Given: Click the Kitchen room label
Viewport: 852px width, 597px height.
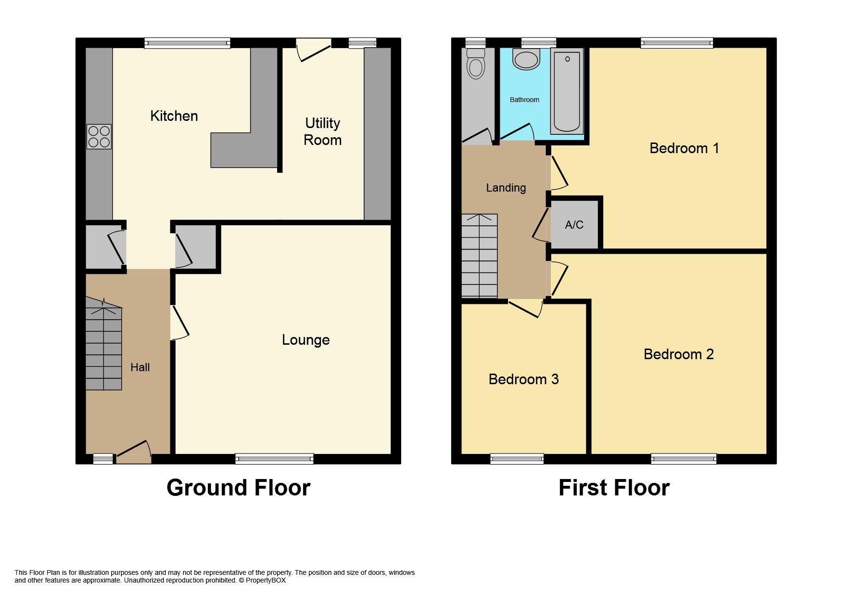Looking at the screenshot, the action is (x=174, y=116).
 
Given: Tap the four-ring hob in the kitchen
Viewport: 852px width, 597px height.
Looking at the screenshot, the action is (x=99, y=136).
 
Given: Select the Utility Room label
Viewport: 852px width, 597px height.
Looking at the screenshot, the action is (x=322, y=131).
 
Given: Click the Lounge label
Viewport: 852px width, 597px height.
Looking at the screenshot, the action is (x=305, y=340).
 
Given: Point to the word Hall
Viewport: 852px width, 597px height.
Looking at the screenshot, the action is (x=140, y=367).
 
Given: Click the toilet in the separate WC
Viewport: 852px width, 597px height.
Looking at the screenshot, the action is (x=476, y=63).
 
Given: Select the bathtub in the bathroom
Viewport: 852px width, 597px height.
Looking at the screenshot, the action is (x=567, y=91).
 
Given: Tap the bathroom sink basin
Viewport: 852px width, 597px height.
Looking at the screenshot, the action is (x=526, y=59).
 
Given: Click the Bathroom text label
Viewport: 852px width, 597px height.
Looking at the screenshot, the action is (x=524, y=100).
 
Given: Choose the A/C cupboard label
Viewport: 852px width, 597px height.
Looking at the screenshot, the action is (x=574, y=225).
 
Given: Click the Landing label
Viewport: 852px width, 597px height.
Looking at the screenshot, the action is (x=506, y=188).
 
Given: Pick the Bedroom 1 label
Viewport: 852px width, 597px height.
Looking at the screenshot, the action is (x=684, y=148).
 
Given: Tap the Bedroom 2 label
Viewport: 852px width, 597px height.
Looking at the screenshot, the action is (x=678, y=354).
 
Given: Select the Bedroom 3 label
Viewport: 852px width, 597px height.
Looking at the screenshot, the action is (x=523, y=379).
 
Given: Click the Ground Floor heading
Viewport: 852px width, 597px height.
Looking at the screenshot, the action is (x=238, y=488).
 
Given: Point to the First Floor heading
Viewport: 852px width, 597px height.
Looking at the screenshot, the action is (x=614, y=488).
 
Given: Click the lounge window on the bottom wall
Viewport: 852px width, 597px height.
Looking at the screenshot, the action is (x=274, y=459).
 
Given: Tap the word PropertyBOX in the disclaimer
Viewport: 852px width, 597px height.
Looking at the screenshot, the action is (x=266, y=581).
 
